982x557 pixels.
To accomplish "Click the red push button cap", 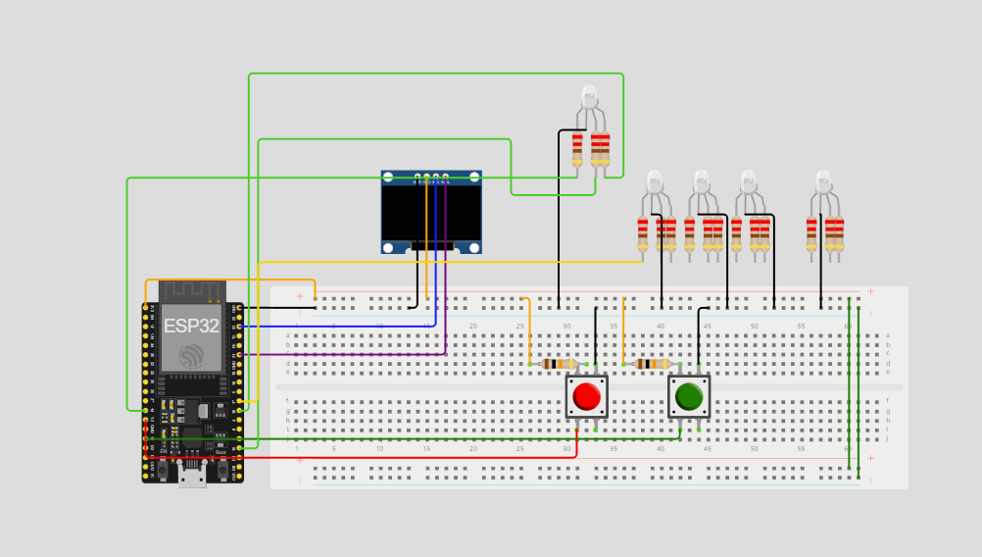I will click(586, 396).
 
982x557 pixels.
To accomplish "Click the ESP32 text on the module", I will click(191, 327).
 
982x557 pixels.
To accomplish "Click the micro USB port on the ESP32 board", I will click(192, 478).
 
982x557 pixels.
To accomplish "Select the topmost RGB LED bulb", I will click(589, 96).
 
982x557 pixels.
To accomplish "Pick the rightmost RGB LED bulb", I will click(824, 180).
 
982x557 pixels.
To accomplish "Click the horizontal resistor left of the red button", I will click(559, 364).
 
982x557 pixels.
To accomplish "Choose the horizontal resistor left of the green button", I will click(653, 364).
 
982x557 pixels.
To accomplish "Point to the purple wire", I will click(343, 354).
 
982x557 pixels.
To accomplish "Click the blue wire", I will click(333, 326).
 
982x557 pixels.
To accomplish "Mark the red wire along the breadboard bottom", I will click(392, 457).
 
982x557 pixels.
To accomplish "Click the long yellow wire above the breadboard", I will click(441, 262).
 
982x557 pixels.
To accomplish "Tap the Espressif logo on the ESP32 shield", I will click(191, 356).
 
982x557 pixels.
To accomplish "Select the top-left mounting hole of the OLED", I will click(388, 177).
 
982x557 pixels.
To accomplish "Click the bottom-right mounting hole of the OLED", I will click(474, 247).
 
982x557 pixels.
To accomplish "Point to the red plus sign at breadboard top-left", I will click(300, 295).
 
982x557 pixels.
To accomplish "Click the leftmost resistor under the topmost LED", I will click(577, 147).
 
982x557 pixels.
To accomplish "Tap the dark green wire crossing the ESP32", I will click(196, 438).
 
